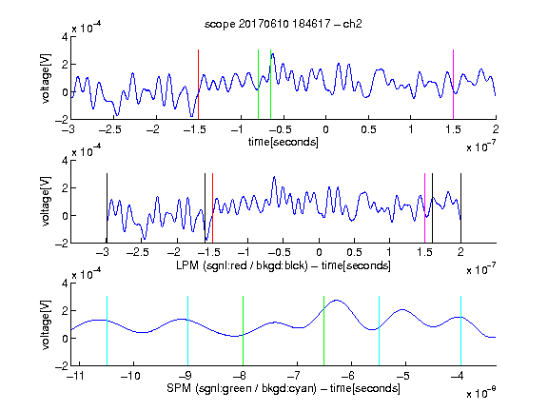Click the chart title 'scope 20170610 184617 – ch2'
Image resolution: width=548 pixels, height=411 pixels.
click(x=284, y=24)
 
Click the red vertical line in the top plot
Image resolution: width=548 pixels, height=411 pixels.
click(x=198, y=85)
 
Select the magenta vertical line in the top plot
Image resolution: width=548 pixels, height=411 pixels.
click(x=453, y=85)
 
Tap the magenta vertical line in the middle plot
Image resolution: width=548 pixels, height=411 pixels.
click(x=424, y=208)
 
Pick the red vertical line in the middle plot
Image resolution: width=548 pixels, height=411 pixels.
click(x=212, y=208)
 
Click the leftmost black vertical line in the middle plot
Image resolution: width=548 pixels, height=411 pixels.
click(x=107, y=208)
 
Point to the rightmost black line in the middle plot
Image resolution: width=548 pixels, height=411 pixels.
click(x=460, y=208)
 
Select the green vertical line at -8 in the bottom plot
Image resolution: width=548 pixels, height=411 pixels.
click(x=243, y=331)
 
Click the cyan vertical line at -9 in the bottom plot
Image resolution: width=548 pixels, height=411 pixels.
click(x=187, y=331)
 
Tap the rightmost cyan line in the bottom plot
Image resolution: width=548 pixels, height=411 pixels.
click(x=460, y=331)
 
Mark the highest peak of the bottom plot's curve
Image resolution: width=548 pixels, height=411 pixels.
click(x=336, y=300)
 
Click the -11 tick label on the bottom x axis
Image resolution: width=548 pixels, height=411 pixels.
click(x=76, y=376)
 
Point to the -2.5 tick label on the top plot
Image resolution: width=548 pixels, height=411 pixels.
click(x=110, y=129)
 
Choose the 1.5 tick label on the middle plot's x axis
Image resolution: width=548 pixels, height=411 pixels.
click(x=424, y=252)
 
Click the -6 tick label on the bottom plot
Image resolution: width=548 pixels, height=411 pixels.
click(x=348, y=376)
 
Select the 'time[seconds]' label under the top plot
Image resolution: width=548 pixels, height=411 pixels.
click(x=284, y=142)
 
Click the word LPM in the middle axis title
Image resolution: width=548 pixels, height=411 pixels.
click(x=187, y=265)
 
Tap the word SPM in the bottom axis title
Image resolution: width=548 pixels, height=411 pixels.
click(x=179, y=388)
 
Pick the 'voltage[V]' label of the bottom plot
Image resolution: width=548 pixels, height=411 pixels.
click(x=46, y=324)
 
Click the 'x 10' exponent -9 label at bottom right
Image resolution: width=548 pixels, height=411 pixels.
click(x=481, y=392)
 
